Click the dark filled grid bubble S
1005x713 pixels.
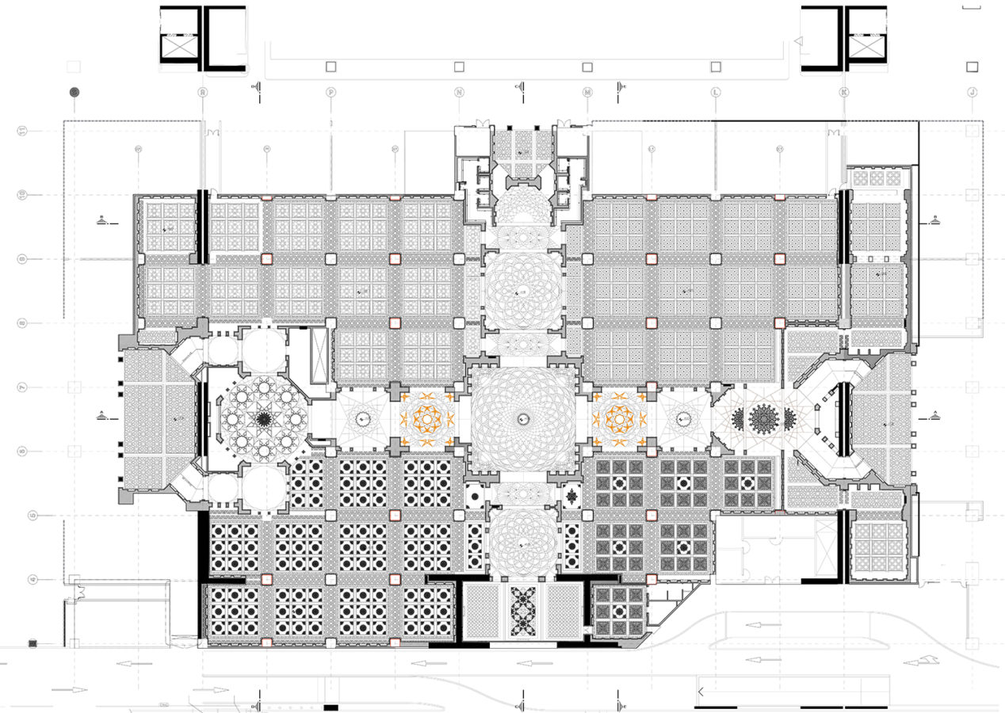75,92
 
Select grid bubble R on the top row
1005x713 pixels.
203,92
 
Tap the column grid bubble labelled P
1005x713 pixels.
331,92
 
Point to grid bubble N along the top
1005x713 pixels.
459,92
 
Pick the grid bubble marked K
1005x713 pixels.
844,92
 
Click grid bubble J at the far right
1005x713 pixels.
973,92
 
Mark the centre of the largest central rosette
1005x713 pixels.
522,418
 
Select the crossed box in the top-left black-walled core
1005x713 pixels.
182,49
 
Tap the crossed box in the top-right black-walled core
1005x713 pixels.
866,49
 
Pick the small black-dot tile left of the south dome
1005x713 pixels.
474,497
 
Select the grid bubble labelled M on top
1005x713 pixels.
587,92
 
